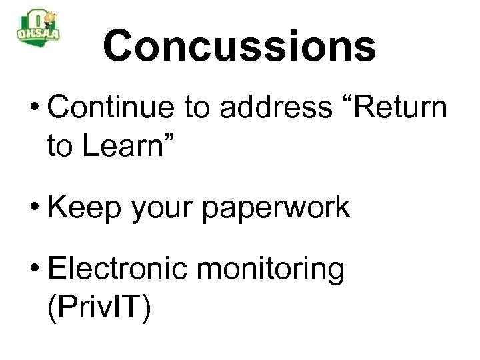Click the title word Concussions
(239, 46)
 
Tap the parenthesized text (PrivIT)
(100, 309)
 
